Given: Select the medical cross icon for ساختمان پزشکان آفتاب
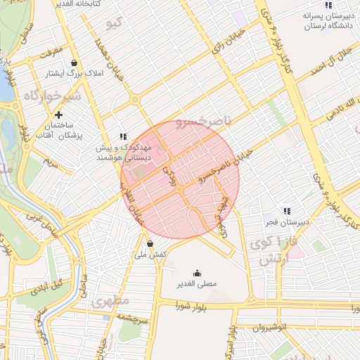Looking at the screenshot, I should coord(58,115).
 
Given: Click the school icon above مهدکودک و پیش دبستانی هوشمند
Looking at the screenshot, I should coord(123,136).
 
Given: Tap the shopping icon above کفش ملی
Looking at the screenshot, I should coord(150,243).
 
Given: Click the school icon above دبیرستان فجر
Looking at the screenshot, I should coord(286,210).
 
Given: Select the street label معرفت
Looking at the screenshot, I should coord(51,51).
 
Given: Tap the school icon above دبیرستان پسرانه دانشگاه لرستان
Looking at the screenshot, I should coord(328,5).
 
